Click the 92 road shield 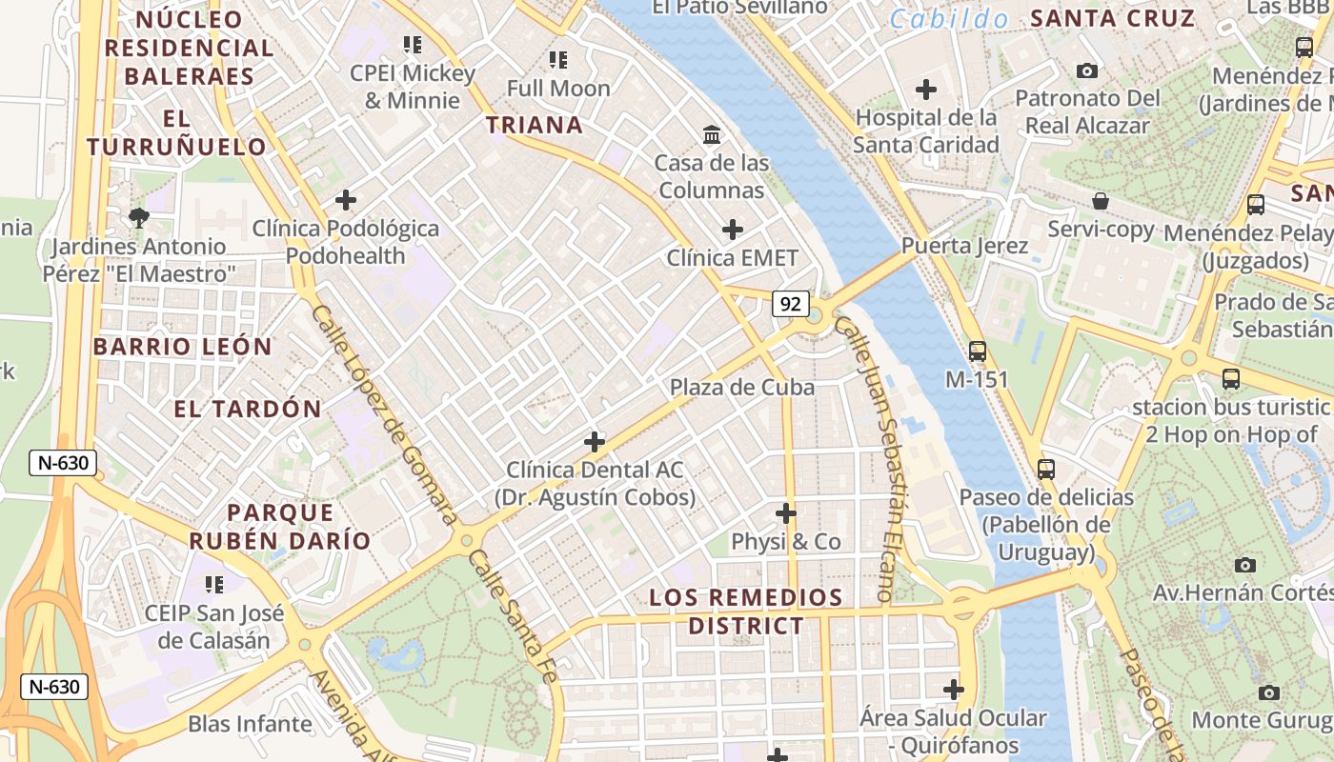tap(790, 304)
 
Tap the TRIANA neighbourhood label tap(534, 125)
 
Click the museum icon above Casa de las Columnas tap(712, 133)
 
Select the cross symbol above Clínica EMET tap(732, 230)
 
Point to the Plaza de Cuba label tap(741, 387)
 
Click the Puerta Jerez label tap(964, 246)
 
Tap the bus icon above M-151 tap(977, 351)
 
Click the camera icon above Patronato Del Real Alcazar tap(1086, 70)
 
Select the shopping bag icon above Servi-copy tap(1101, 201)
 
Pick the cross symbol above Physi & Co tap(785, 513)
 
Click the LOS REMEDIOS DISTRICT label tap(745, 612)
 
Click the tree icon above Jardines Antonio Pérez tap(139, 218)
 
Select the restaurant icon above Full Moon tap(558, 61)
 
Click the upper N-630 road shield tap(63, 464)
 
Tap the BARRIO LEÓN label tap(183, 347)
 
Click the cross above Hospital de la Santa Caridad tap(925, 90)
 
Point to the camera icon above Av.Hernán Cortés tap(1244, 565)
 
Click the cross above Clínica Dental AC tap(595, 441)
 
